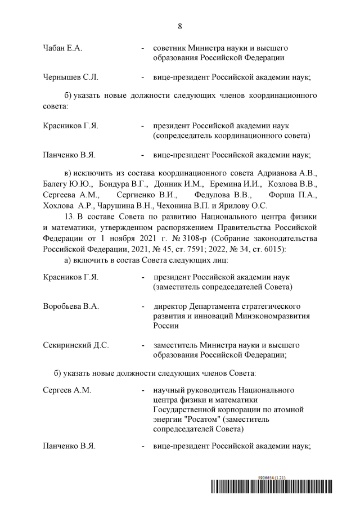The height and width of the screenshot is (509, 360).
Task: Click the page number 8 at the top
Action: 180,26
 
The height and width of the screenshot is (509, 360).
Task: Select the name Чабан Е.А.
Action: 62,48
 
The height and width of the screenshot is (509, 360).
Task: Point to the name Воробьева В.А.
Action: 71,306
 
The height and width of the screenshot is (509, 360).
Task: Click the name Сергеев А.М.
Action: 67,390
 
